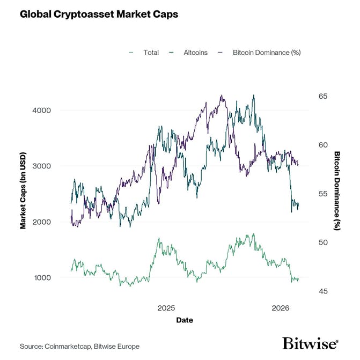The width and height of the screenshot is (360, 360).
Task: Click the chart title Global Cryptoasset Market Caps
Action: point(99,14)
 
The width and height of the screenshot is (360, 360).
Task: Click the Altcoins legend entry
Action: point(194,53)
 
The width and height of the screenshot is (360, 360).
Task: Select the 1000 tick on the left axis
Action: point(42,278)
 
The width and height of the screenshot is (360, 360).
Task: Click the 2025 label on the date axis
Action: point(166,308)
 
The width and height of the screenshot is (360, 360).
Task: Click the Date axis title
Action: point(185,320)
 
